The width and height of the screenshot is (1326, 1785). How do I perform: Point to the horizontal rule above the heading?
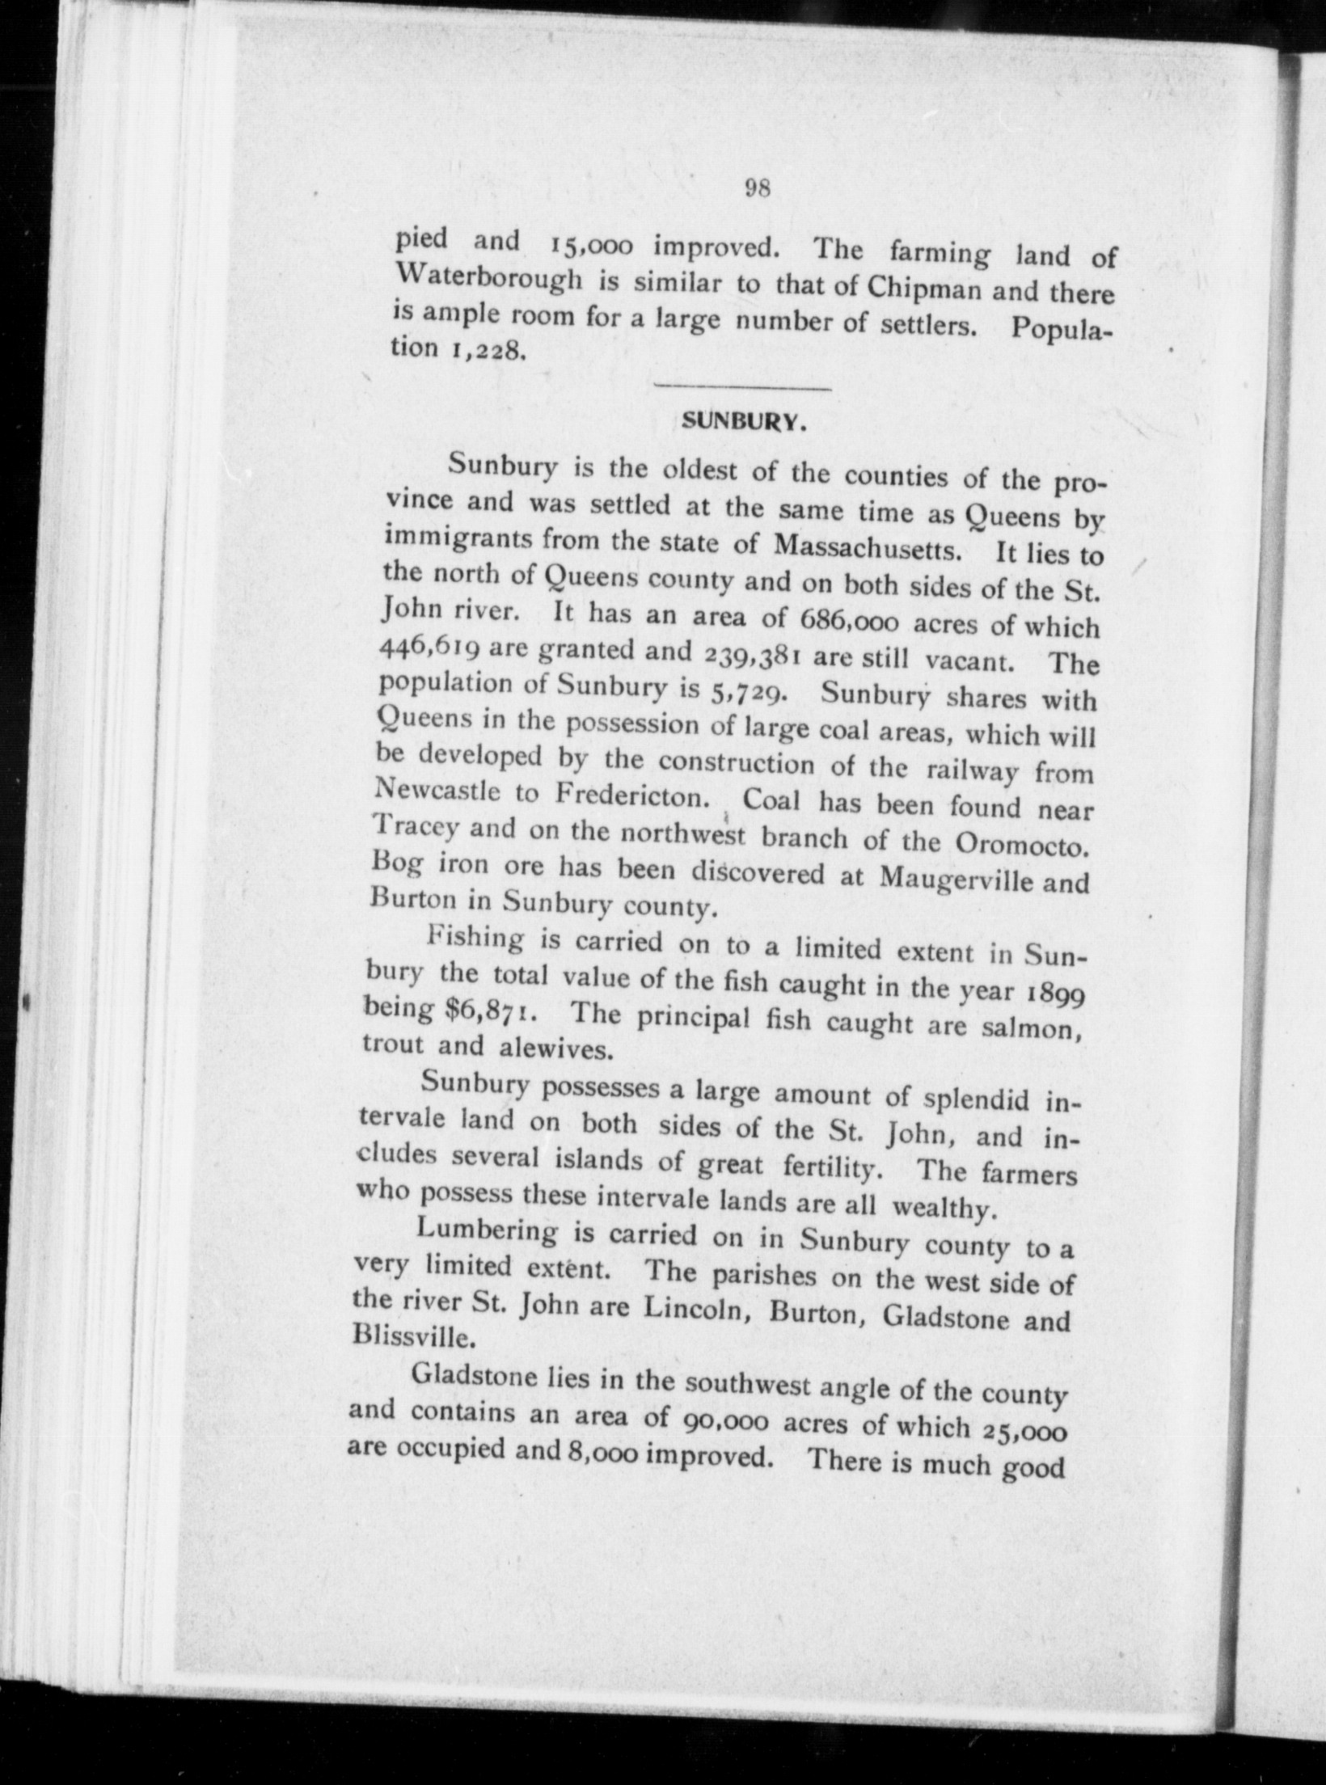tap(742, 390)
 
